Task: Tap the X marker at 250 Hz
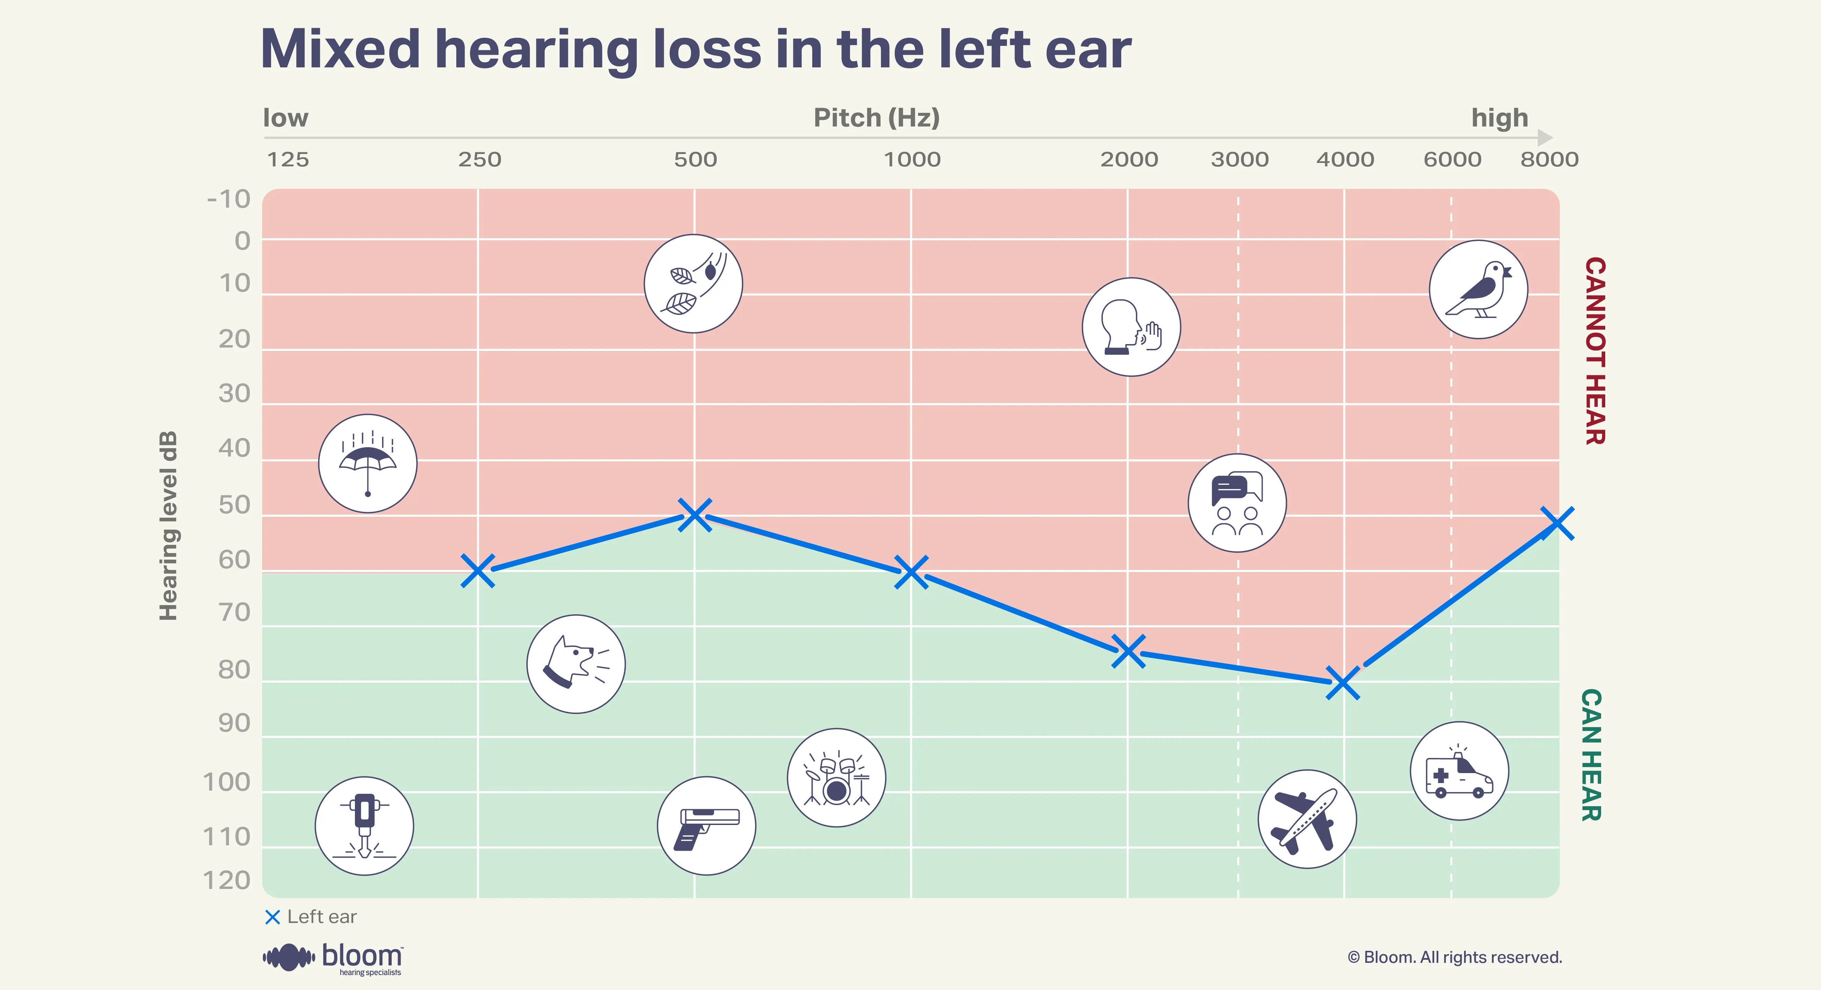coord(478,571)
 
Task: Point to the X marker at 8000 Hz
coord(1557,523)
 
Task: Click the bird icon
coord(1478,289)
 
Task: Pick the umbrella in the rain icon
coord(368,463)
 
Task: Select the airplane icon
coord(1307,819)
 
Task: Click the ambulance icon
coord(1459,771)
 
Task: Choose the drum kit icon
coord(836,777)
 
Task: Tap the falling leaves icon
coord(693,284)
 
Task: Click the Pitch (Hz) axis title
coord(876,117)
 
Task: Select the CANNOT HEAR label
coord(1595,351)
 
